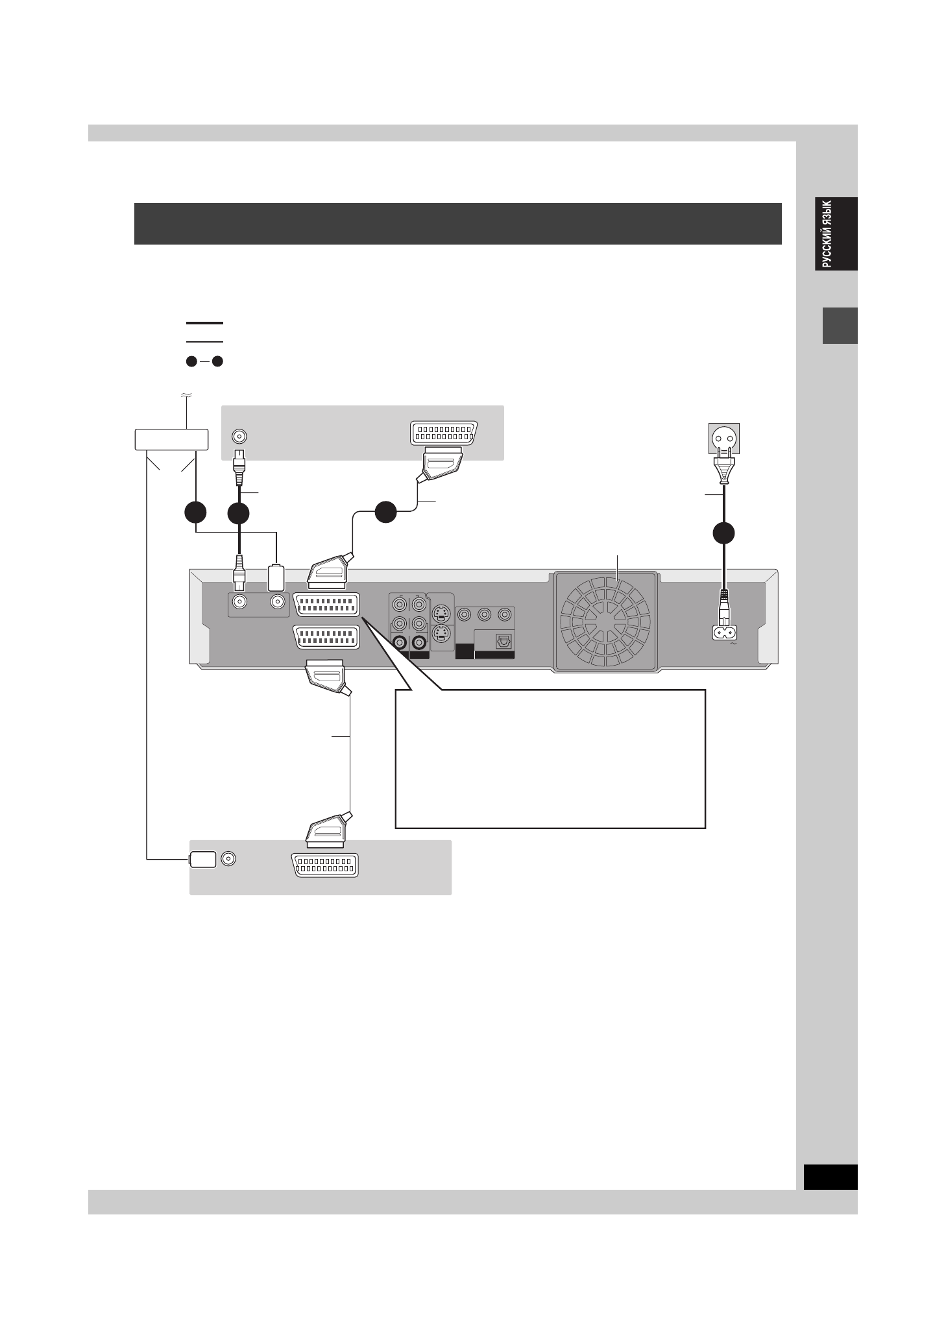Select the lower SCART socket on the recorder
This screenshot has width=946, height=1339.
click(x=326, y=637)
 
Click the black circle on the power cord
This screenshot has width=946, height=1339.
click(x=724, y=533)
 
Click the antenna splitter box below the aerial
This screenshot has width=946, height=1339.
click(x=171, y=440)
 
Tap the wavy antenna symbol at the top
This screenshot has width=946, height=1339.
click(x=186, y=394)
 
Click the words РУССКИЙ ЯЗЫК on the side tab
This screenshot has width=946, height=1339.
click(x=827, y=234)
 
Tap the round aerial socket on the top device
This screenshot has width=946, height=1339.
click(x=240, y=437)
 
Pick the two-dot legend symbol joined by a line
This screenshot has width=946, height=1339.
click(x=204, y=362)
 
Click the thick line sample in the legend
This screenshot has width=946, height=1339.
click(x=204, y=322)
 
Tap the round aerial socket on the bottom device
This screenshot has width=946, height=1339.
click(x=228, y=859)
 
